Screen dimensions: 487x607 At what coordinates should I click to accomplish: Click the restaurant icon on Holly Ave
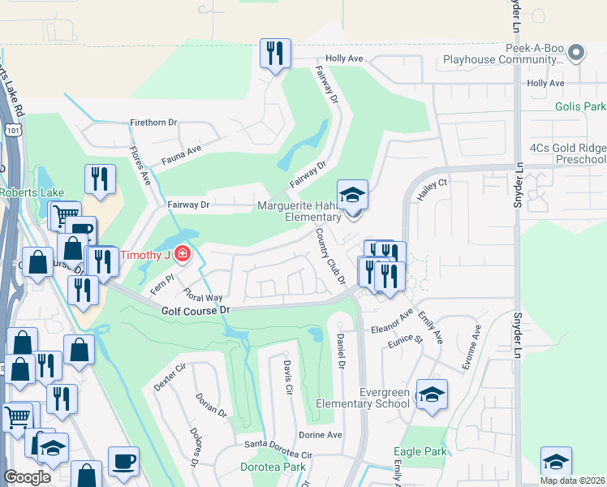point(275,54)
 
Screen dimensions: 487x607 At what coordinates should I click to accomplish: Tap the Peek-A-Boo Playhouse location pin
point(576,53)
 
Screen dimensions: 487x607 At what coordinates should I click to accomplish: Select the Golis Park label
point(580,106)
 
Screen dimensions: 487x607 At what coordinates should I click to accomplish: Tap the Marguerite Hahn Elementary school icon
point(353,196)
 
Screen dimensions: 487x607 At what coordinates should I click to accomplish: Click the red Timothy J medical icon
point(183,255)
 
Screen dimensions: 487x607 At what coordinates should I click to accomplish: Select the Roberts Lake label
point(27,192)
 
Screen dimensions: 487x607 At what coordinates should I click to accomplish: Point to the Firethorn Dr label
point(153,123)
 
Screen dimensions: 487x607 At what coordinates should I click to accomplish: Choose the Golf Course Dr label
point(196,310)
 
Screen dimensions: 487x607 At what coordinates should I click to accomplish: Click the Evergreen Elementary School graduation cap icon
point(432,395)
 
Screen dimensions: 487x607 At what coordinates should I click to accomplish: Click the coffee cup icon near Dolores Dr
point(123,460)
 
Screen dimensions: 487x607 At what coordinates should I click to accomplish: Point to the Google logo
point(28,477)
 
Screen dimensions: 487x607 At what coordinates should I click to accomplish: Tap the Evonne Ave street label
point(471,349)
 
